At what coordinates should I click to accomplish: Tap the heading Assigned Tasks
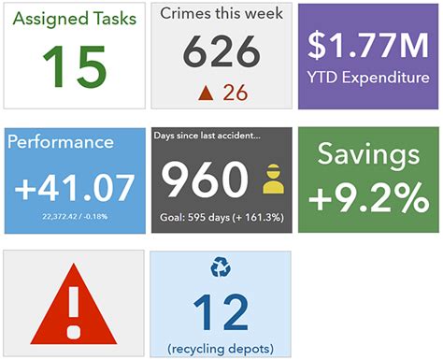pos(74,20)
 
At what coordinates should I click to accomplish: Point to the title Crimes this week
pos(221,14)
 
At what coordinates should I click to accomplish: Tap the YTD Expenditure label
pos(369,77)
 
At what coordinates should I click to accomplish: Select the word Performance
pos(61,142)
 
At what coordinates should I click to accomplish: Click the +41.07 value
pos(75,188)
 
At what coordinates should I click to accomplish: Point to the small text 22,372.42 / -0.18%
pos(75,216)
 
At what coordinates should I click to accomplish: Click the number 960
pos(207,180)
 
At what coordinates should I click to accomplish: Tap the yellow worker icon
pos(273,179)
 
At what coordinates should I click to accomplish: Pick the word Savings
pos(367,155)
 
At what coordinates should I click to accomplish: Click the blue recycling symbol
pos(221,268)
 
